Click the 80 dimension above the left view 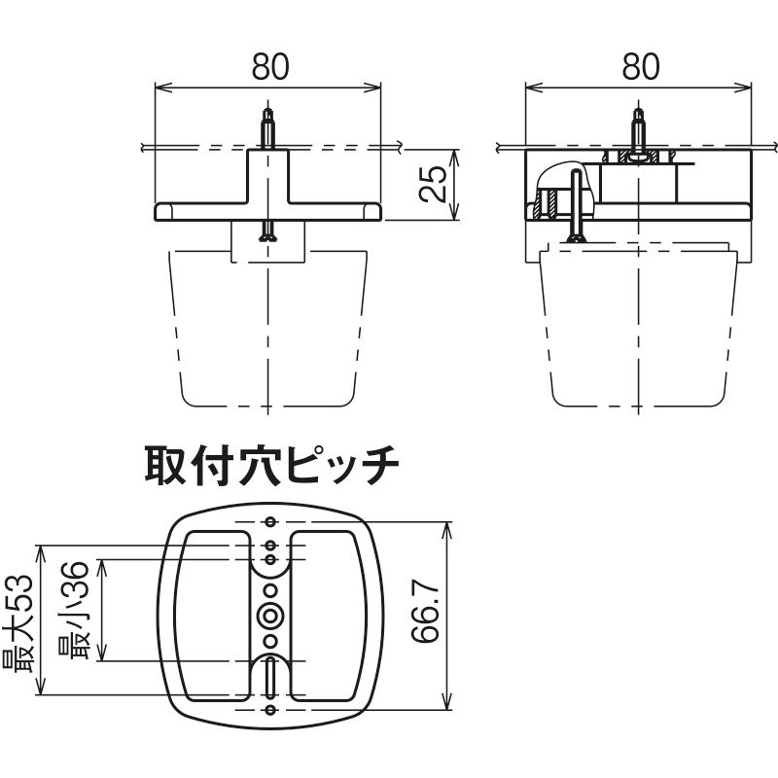270,67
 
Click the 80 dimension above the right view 641,67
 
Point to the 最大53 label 18,624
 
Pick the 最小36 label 74,611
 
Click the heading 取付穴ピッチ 272,466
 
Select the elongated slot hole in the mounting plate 270,678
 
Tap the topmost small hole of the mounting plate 270,521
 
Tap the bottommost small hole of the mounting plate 270,710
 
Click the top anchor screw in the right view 639,130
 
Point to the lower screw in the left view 268,231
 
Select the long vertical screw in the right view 576,206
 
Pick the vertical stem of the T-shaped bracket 268,176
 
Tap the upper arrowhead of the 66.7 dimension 448,529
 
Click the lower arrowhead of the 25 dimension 455,213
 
